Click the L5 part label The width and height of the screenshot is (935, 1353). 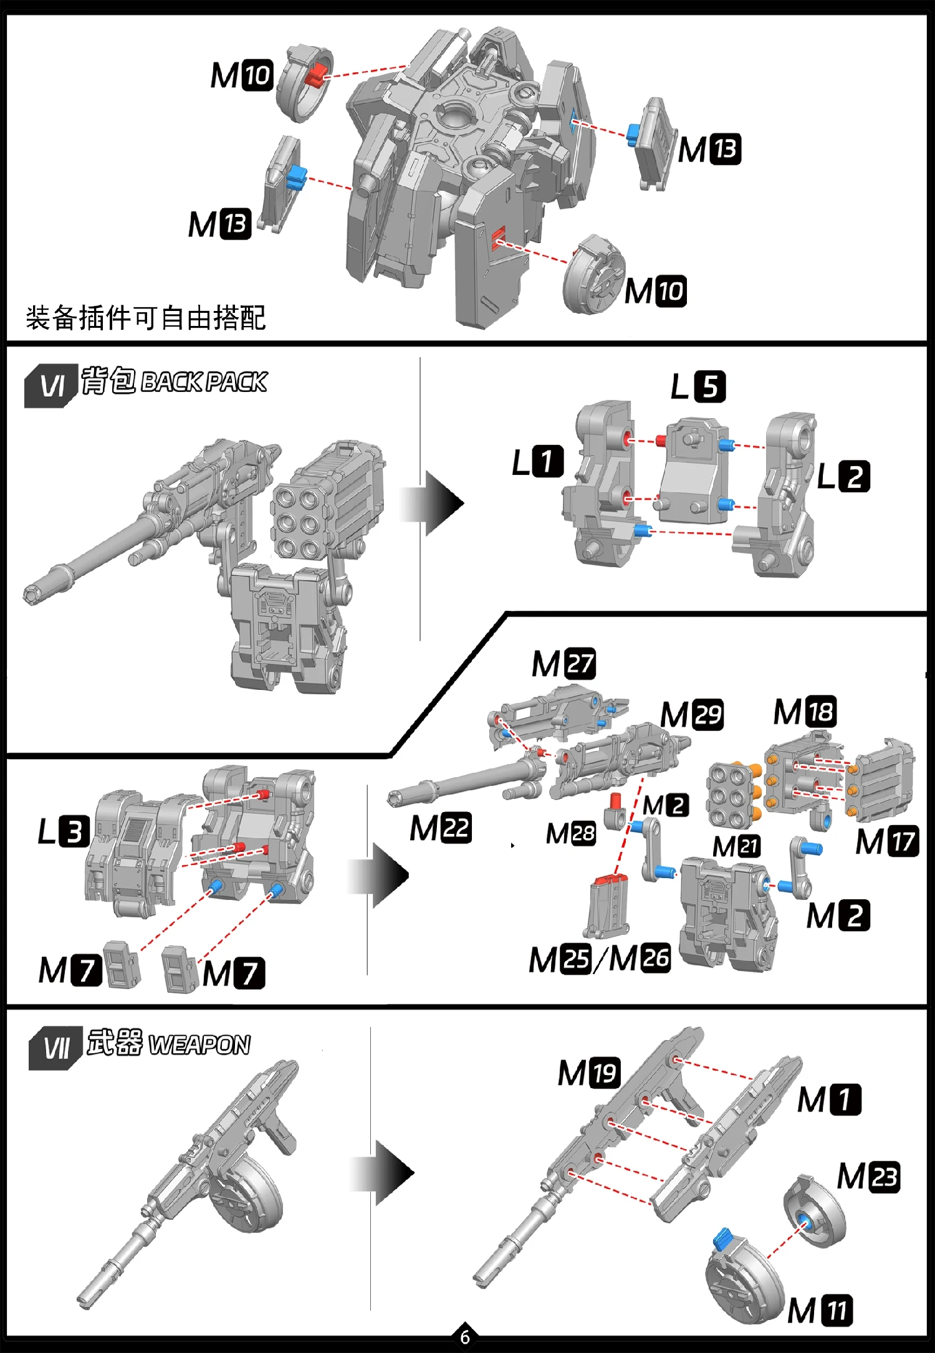point(698,387)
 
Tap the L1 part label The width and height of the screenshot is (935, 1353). point(537,462)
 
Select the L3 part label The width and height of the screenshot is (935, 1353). point(64,831)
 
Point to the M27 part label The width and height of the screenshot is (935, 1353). point(563,664)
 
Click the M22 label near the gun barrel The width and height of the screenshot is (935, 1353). point(440,828)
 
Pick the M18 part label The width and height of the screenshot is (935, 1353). point(805,712)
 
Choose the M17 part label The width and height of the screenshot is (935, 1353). point(887,841)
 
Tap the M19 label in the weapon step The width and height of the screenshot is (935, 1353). point(588,1073)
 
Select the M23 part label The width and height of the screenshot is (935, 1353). point(868,1177)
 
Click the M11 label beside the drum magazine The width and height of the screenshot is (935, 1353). point(820,1310)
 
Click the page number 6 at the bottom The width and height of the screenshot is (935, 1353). point(465,1337)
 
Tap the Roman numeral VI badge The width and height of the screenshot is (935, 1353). point(52,386)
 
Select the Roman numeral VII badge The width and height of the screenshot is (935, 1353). point(56,1048)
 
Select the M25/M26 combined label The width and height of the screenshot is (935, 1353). point(600,959)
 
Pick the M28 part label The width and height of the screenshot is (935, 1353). point(570,833)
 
